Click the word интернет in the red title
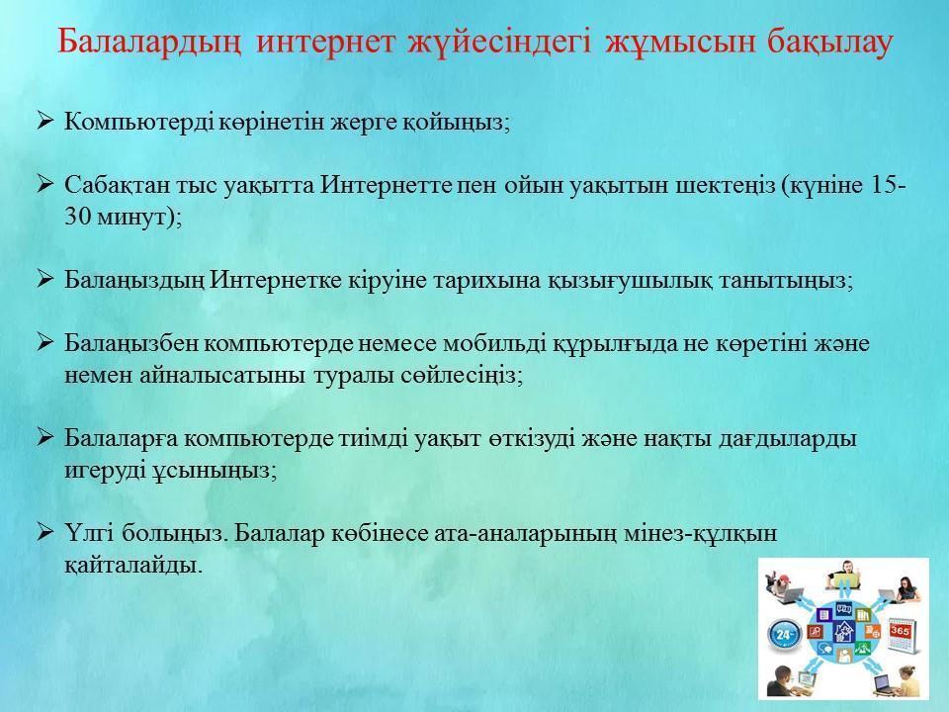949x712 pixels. [x=325, y=42]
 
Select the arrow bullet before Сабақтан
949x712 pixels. [x=45, y=184]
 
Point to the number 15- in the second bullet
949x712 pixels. [x=889, y=185]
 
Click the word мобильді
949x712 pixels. [x=495, y=344]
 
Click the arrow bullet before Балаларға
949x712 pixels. [x=45, y=436]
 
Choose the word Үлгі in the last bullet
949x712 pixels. [x=90, y=533]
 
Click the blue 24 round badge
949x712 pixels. [x=785, y=635]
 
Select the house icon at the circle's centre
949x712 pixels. [x=842, y=632]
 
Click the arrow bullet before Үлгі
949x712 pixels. [x=45, y=532]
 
